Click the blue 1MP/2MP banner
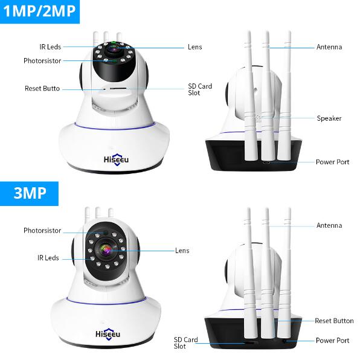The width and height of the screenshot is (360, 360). tap(40, 11)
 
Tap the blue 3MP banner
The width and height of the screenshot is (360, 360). tap(29, 193)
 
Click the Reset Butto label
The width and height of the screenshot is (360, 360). tap(42, 88)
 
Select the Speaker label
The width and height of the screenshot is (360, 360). tap(329, 118)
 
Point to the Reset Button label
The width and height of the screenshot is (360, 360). tap(334, 321)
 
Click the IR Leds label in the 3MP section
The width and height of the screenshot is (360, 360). tap(48, 258)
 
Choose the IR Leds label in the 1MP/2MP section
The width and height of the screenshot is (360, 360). tap(50, 47)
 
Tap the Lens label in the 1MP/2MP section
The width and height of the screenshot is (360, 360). tap(195, 47)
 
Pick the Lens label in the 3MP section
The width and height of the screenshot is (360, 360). tap(182, 251)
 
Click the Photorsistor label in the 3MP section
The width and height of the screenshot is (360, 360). tap(42, 230)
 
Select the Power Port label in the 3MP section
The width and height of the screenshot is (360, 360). tap(332, 340)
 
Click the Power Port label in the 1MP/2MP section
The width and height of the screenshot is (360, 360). tap(332, 162)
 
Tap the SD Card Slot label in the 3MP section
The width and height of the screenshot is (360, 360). tap(186, 342)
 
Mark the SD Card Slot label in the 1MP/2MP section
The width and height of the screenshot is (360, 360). tap(200, 89)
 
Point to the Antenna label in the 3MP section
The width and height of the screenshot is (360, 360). tap(329, 225)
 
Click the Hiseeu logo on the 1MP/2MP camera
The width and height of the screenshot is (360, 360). tap(116, 159)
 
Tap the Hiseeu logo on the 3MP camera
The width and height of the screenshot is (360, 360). tap(108, 334)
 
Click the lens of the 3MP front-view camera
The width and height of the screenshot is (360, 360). tap(106, 249)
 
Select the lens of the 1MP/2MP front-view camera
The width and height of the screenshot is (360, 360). tap(113, 49)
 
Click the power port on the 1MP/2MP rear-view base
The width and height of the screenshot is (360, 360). tap(266, 162)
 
